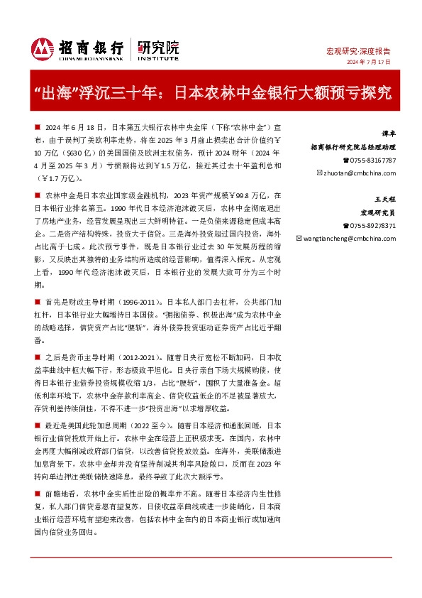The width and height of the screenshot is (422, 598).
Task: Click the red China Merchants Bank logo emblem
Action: coord(42,48)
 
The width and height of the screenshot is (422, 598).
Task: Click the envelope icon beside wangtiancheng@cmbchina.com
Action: coord(299,239)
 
